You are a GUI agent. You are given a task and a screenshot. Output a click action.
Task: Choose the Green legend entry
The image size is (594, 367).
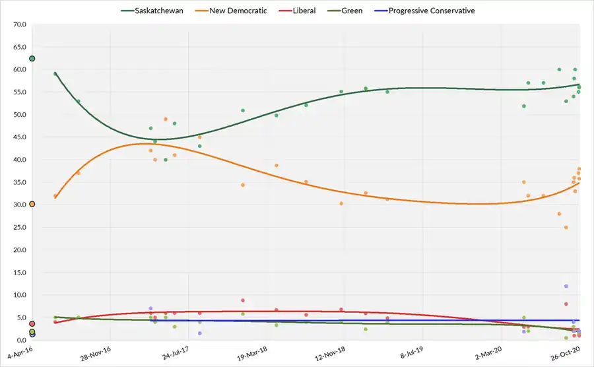click(x=353, y=11)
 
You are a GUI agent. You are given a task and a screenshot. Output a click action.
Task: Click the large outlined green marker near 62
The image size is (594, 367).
click(x=32, y=59)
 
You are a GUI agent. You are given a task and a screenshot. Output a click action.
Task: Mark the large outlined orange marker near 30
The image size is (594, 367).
click(x=32, y=205)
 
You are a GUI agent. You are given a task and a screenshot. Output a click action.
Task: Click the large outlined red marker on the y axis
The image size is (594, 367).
click(x=32, y=324)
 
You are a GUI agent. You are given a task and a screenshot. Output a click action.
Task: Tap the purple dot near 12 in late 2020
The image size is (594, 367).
click(x=566, y=286)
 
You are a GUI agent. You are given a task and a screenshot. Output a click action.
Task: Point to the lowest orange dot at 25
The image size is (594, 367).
click(x=566, y=228)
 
